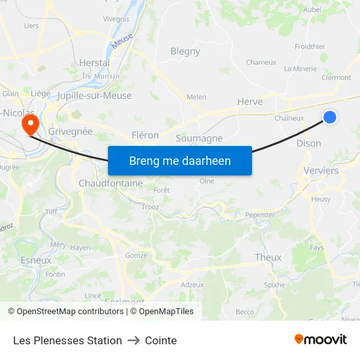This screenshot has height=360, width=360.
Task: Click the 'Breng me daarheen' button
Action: point(180,160)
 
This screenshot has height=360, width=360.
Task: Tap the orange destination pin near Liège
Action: point(29,123)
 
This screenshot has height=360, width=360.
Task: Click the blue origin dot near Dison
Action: point(330,117)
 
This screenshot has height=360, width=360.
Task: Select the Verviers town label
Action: point(321,170)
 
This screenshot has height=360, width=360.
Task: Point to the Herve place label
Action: point(250,101)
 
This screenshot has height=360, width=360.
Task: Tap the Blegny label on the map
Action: point(185,51)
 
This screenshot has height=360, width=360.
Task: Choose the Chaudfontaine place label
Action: point(110,183)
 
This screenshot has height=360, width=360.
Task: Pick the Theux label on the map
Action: point(268,257)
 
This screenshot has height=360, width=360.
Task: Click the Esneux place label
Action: point(36,260)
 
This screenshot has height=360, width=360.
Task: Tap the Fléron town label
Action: point(145,135)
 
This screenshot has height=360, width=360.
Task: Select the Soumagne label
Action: point(199,138)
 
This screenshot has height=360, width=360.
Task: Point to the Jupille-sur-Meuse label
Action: point(94,96)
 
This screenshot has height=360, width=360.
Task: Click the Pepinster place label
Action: point(259,215)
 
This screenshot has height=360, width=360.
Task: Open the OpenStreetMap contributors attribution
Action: point(69,312)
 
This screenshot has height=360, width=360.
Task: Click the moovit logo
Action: point(321,340)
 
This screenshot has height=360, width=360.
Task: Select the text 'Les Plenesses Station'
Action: point(67,340)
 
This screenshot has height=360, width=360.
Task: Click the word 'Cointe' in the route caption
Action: point(161,340)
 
